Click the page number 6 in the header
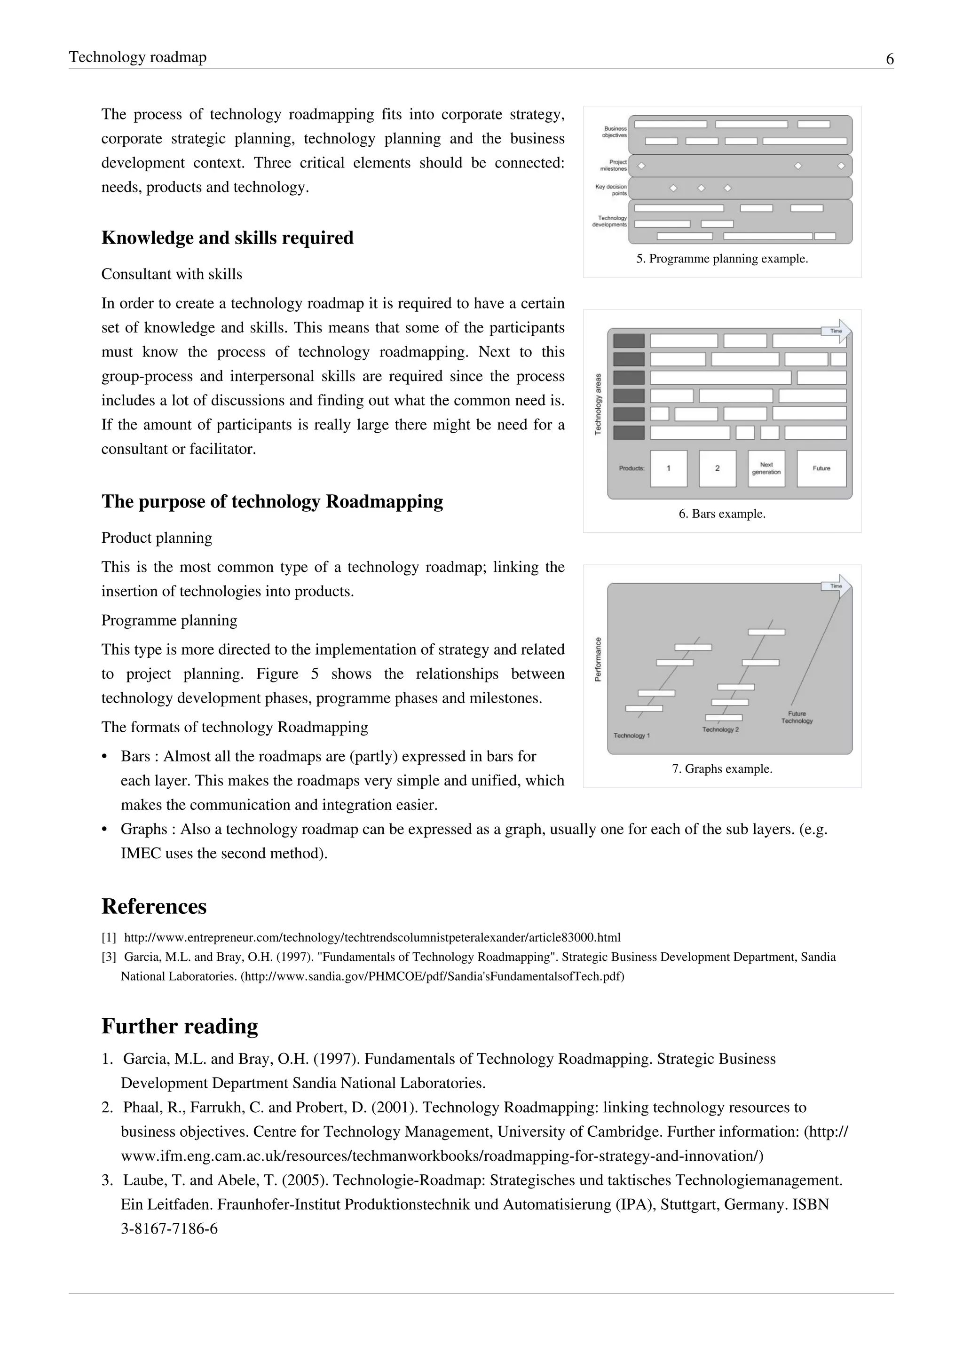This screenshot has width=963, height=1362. (890, 59)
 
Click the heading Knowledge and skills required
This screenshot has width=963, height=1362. (227, 238)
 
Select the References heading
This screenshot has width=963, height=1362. (154, 906)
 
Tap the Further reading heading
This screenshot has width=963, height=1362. (180, 1026)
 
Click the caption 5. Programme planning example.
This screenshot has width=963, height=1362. (722, 259)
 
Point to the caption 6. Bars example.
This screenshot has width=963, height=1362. (722, 514)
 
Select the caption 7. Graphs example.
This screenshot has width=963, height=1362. (722, 769)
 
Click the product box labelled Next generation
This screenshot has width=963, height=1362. (766, 468)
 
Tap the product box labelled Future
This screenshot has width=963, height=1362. (821, 468)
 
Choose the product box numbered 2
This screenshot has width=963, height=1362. (718, 468)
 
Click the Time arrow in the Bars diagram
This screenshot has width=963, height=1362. (837, 331)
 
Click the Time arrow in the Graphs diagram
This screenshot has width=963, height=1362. (837, 586)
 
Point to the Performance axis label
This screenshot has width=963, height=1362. (598, 659)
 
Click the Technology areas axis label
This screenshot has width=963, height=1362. (598, 404)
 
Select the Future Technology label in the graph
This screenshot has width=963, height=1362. (797, 717)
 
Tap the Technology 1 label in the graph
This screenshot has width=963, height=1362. (631, 736)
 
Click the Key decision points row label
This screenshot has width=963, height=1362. (611, 190)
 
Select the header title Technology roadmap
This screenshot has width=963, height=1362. (138, 57)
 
